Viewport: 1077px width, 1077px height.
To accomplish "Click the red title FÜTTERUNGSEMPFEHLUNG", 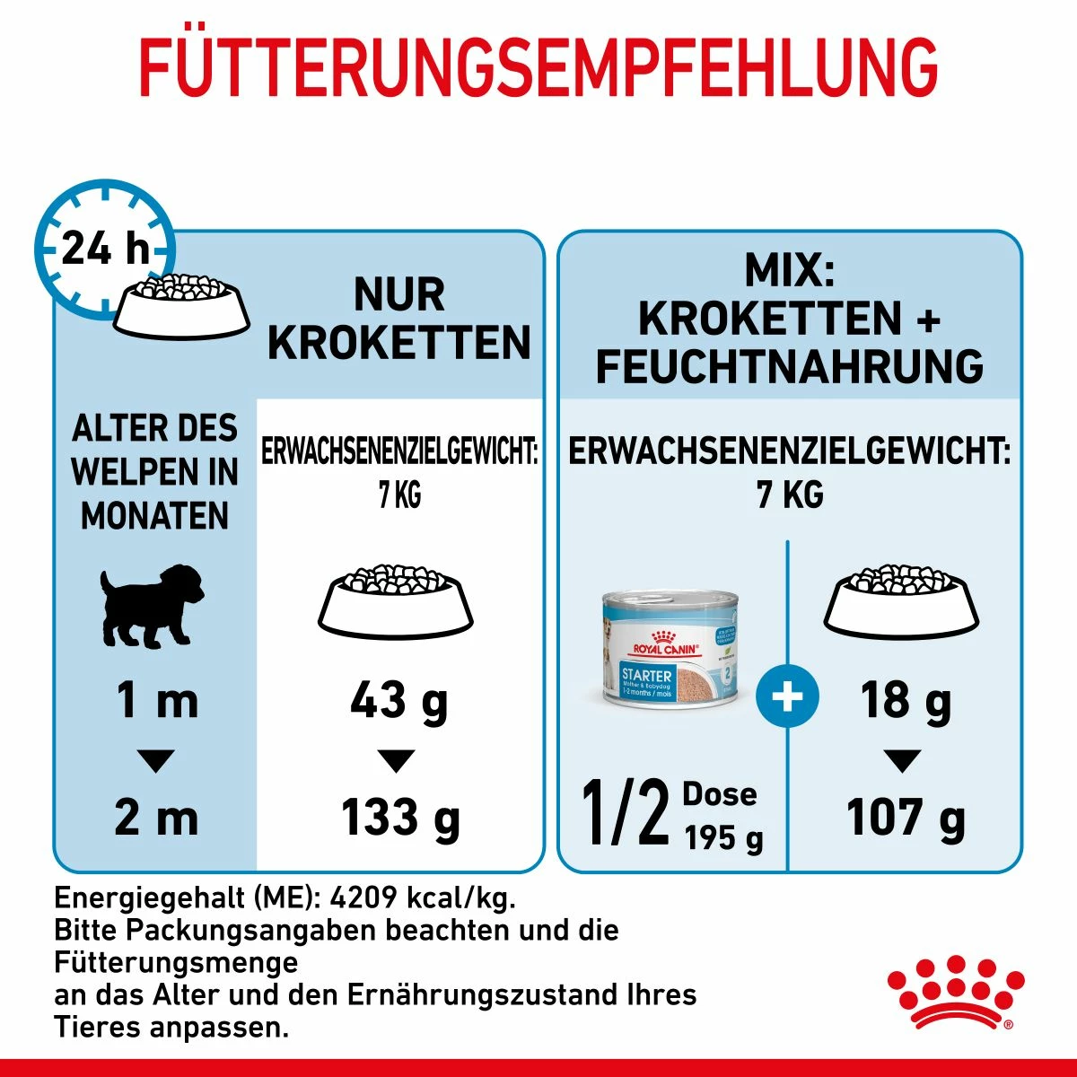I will tap(538, 67).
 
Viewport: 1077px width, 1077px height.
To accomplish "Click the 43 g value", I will tap(398, 700).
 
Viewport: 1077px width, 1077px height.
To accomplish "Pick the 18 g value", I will tap(905, 700).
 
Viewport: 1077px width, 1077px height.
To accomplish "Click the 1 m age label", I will tap(157, 700).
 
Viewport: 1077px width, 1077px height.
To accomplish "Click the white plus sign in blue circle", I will tap(787, 696).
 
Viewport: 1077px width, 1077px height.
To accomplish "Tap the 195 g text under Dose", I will tap(723, 838).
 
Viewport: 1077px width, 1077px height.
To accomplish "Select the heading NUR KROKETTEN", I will tap(399, 319).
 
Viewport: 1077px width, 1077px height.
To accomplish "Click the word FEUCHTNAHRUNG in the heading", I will tap(790, 366).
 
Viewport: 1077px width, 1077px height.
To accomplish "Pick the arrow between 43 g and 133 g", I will tap(396, 761).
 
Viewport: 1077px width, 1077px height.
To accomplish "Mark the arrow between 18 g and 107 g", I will tap(902, 761).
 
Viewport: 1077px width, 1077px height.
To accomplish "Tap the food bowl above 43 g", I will tap(396, 596).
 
